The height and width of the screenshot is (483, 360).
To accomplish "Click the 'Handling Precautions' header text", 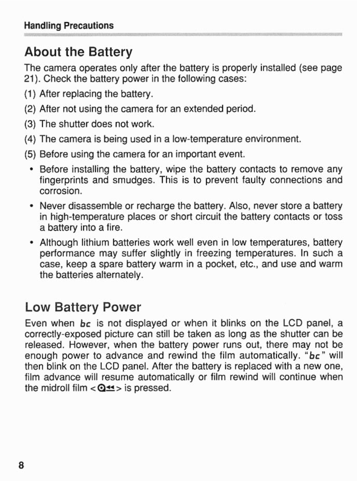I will (69, 26).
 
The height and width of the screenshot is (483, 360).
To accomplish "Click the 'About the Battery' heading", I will (79, 52).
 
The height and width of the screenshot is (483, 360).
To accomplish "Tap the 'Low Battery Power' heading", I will (83, 307).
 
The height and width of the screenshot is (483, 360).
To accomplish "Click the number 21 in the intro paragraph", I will (29, 79).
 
